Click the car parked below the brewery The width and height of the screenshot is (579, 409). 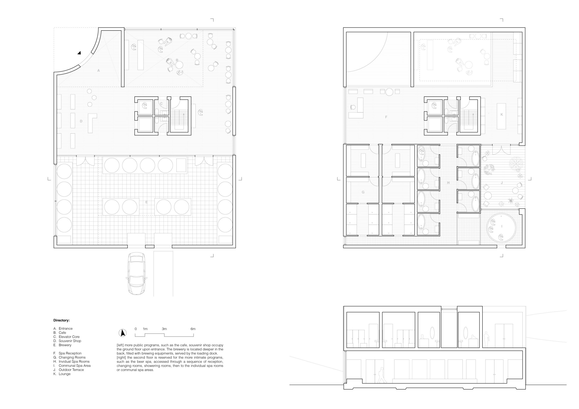click(x=136, y=273)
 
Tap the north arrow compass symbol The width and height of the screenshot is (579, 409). click(x=123, y=333)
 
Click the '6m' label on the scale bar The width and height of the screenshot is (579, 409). click(x=193, y=329)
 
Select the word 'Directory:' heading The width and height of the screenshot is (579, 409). click(x=62, y=320)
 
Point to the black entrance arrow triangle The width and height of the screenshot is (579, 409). click(x=79, y=53)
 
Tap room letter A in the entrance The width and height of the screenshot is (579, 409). click(x=99, y=71)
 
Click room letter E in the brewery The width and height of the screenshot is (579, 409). click(x=147, y=202)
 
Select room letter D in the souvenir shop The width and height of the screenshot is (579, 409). click(x=81, y=121)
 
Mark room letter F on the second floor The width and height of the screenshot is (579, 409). click(x=386, y=117)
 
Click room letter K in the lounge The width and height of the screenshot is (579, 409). click(x=502, y=114)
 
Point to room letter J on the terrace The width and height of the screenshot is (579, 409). click(x=502, y=183)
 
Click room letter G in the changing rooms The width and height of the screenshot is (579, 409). click(x=363, y=192)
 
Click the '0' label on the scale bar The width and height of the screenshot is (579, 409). click(x=136, y=329)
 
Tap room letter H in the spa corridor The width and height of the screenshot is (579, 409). click(x=448, y=183)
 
